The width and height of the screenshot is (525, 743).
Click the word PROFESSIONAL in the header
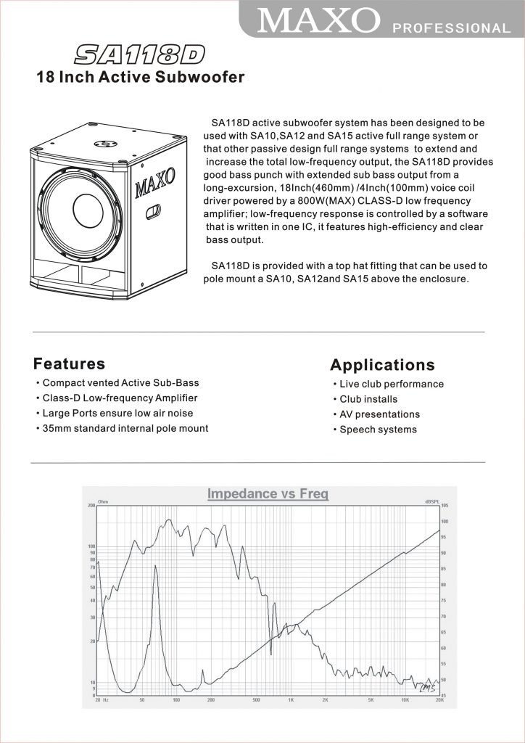coord(451,28)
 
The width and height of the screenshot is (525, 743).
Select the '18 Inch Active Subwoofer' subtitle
coord(140,78)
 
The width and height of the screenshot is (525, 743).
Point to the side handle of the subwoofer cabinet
coord(154,213)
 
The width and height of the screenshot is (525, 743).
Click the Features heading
coord(69,364)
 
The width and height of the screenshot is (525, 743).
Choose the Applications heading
coord(382,365)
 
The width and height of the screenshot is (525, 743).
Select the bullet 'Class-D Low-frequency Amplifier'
coord(120,398)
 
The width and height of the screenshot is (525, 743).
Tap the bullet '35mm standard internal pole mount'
coord(125,428)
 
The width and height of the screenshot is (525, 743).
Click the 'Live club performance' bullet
coord(392,384)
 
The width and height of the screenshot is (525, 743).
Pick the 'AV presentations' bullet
coord(379,414)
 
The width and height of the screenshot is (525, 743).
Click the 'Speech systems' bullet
coord(378,430)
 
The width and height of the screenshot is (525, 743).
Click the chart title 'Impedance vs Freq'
coord(268,494)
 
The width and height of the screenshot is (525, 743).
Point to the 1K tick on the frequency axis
coord(291,700)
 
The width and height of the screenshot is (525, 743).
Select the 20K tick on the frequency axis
coord(438,700)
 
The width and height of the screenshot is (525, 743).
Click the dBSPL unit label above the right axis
coord(433,501)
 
